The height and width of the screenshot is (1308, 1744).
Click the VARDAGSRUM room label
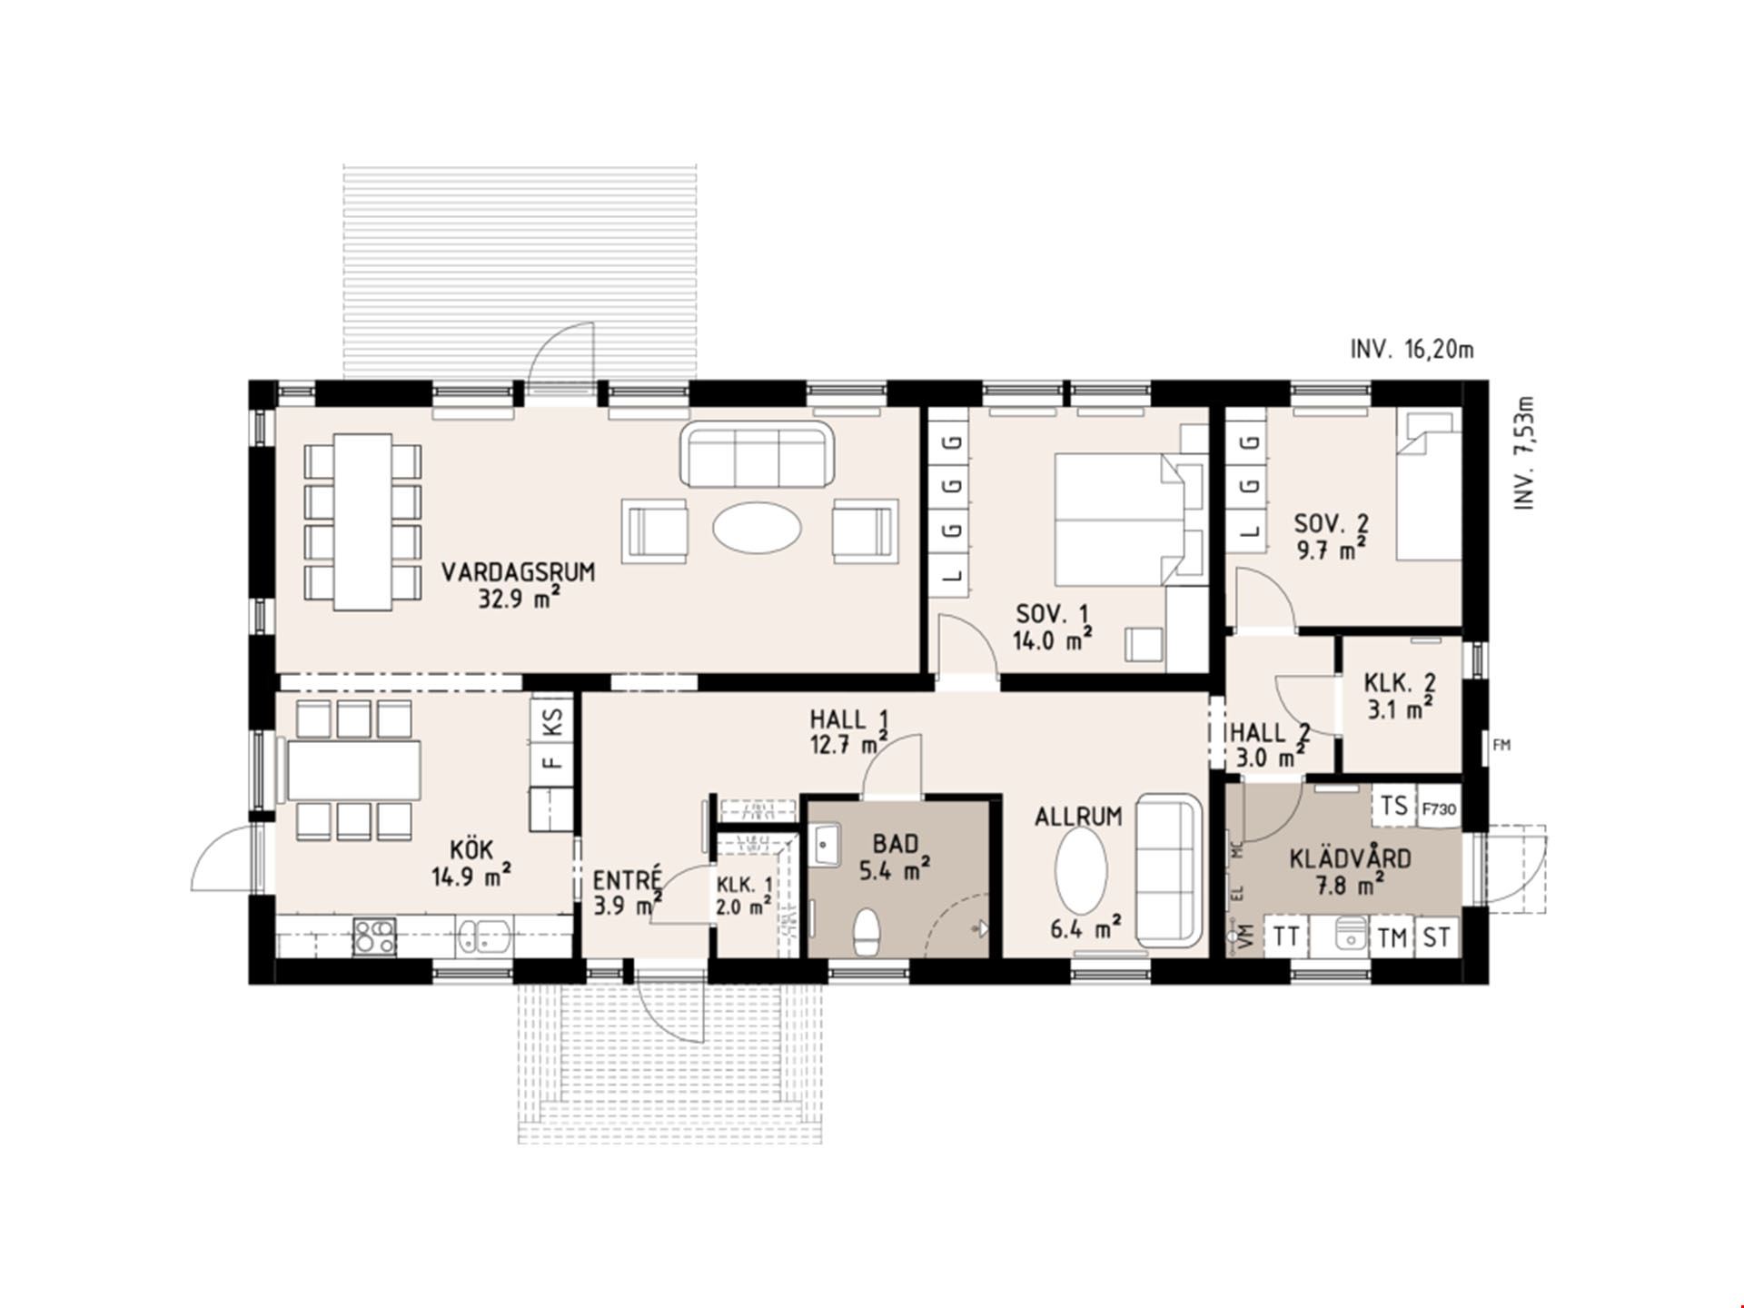tap(518, 572)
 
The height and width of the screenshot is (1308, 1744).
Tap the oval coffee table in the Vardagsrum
tap(758, 527)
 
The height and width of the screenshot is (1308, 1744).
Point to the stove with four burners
tap(374, 936)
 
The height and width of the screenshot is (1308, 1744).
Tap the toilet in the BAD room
tap(867, 932)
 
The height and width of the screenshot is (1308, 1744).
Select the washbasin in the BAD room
tap(826, 845)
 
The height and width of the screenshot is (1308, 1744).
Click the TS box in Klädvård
tap(1394, 806)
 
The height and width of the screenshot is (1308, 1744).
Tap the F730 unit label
tap(1439, 808)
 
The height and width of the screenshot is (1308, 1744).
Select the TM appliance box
tap(1392, 936)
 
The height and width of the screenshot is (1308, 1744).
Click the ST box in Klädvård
tap(1437, 936)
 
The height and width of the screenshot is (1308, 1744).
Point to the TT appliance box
tap(1286, 936)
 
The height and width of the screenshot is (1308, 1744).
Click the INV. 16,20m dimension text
tap(1412, 349)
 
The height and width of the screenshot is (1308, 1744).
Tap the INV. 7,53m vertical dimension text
tap(1525, 452)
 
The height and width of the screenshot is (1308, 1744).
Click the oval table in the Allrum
tap(1081, 869)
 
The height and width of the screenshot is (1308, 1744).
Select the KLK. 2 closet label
tap(1400, 682)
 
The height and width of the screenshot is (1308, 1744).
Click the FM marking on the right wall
tap(1501, 745)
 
